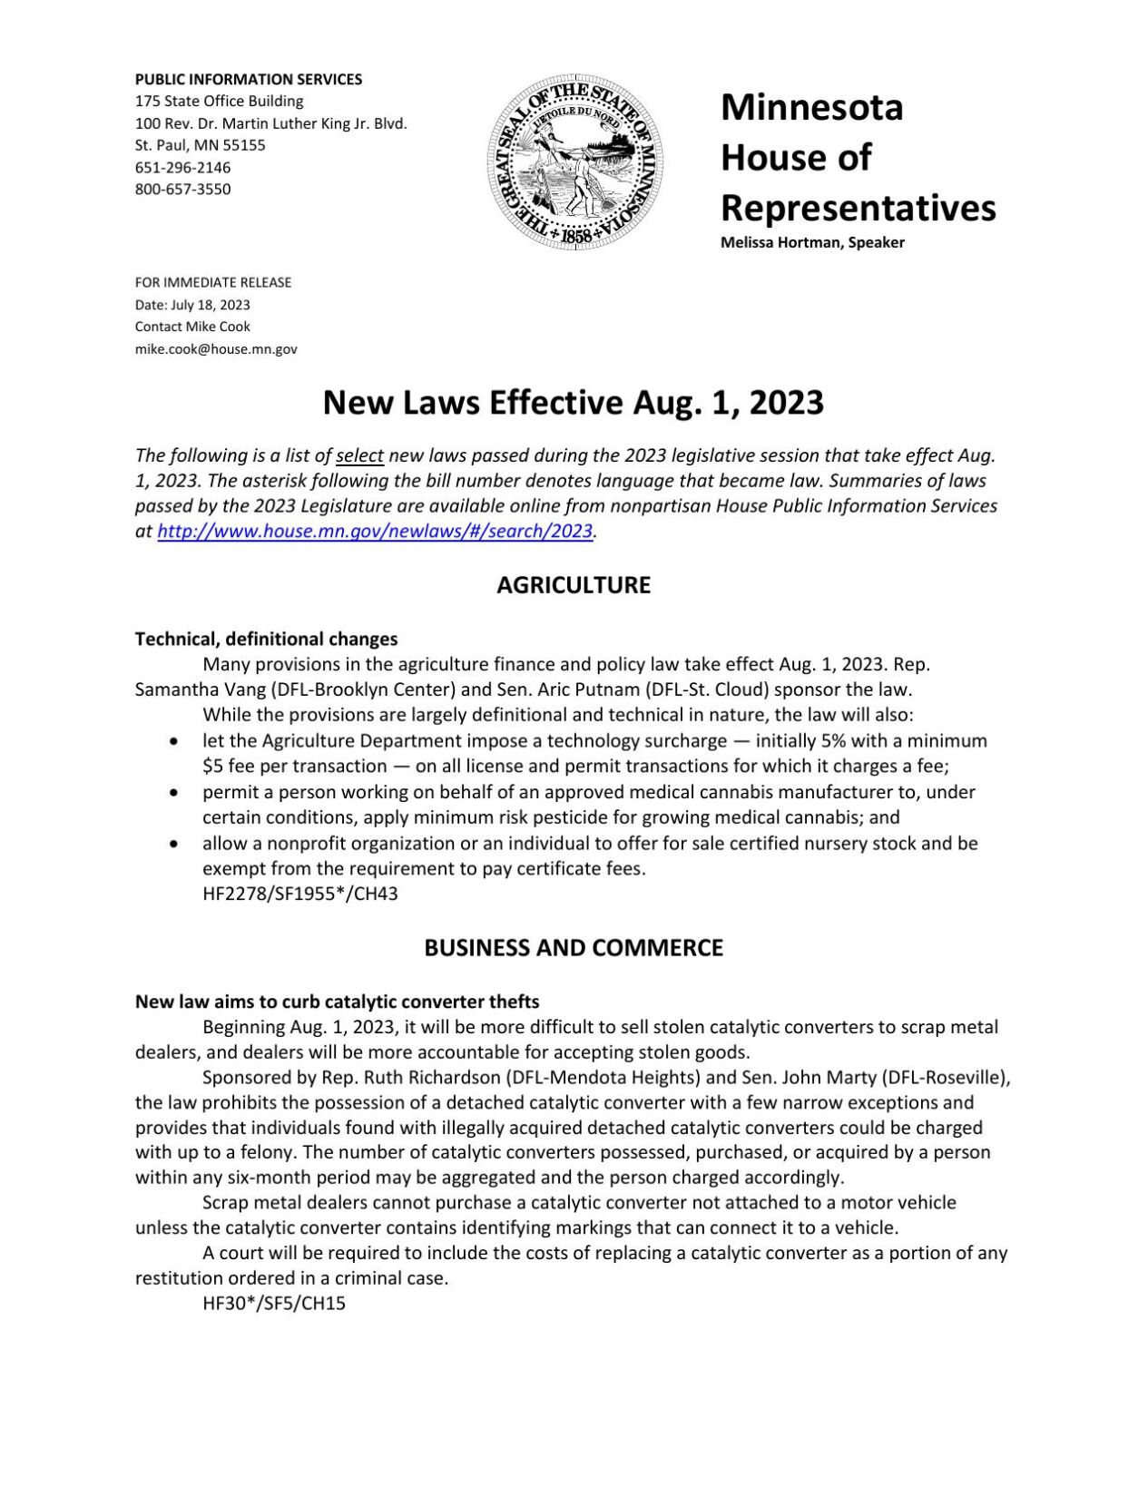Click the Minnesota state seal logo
coord(574,163)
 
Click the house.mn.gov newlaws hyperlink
coord(375,532)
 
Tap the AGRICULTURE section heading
coord(574,585)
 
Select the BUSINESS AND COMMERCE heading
coord(574,948)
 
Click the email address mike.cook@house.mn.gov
coord(216,349)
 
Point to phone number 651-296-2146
coord(183,168)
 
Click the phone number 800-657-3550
coord(183,190)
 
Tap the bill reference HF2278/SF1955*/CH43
coord(300,894)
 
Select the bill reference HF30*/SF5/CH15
coord(274,1305)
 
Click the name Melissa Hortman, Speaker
coord(812,243)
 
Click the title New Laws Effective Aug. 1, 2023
coord(574,403)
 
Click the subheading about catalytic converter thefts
coord(337,1002)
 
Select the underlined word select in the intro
coord(359,455)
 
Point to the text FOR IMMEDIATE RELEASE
coord(213,283)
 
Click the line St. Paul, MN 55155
coord(201,145)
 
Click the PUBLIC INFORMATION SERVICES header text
coord(249,80)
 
